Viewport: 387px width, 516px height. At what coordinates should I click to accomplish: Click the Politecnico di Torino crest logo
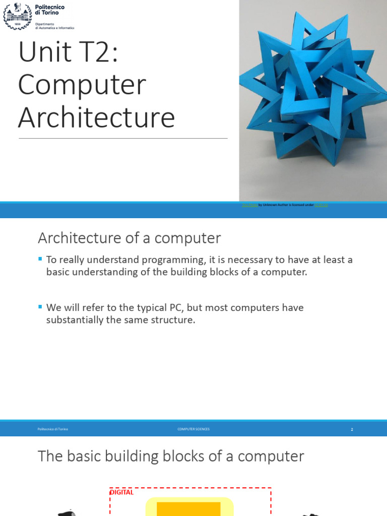17,16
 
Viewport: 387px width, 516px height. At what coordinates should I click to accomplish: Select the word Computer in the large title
82,86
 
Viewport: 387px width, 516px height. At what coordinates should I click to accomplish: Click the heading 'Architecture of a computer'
130,238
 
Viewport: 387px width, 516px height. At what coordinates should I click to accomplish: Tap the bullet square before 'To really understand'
41,259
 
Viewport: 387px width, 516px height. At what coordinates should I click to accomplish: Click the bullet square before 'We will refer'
41,306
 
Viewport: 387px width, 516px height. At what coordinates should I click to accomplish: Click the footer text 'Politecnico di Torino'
52,429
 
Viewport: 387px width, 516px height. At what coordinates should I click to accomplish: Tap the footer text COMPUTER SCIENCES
193,429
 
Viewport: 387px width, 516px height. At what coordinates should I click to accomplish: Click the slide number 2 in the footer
352,429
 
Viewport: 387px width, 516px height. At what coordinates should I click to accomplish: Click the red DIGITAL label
121,492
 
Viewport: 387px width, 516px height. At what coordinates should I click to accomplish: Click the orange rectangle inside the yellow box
189,508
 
